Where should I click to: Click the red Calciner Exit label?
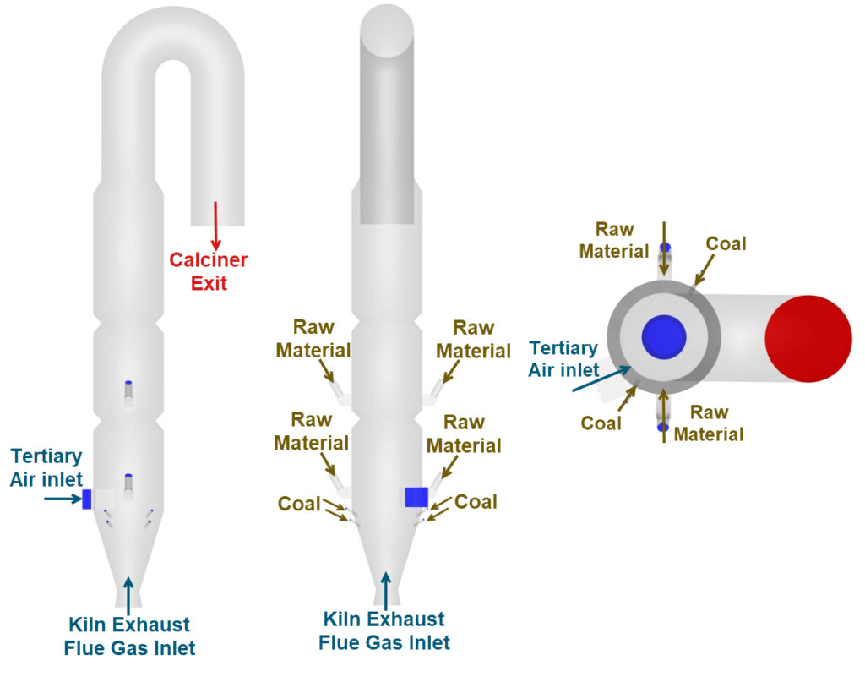pos(208,270)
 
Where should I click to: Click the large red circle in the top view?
pos(808,337)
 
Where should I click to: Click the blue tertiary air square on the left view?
pos(86,499)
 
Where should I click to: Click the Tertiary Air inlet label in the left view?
pos(46,467)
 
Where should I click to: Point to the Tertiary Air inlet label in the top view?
pos(563,358)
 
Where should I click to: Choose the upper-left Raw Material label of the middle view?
pos(322,338)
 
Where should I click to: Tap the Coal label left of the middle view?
pos(299,505)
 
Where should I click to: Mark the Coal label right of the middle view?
pos(476,502)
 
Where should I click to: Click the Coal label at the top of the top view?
pos(726,243)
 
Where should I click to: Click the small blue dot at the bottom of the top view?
pos(663,428)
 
